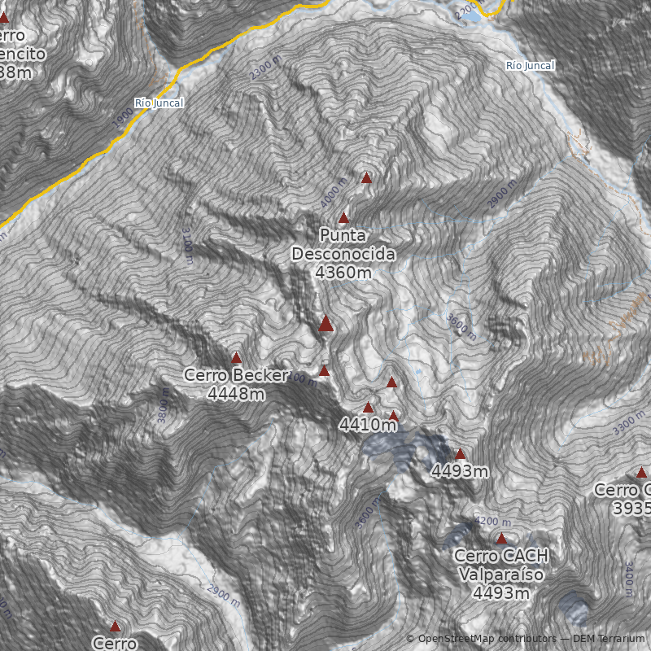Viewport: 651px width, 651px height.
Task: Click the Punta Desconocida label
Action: (343, 253)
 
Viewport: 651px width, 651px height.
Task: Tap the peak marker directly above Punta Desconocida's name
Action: (343, 218)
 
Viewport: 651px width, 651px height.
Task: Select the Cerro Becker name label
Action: (236, 375)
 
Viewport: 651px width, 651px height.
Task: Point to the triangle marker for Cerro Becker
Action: (237, 357)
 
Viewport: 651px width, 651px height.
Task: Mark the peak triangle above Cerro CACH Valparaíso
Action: (501, 539)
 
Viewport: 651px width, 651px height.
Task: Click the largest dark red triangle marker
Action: (326, 324)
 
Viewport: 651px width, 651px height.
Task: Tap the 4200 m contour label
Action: (492, 522)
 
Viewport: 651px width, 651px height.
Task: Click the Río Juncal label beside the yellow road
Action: (159, 103)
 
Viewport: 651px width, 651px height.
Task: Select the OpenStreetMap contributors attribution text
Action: (486, 639)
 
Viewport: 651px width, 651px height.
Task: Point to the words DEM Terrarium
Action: (609, 639)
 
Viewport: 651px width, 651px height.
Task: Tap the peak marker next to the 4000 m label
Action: (366, 177)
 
